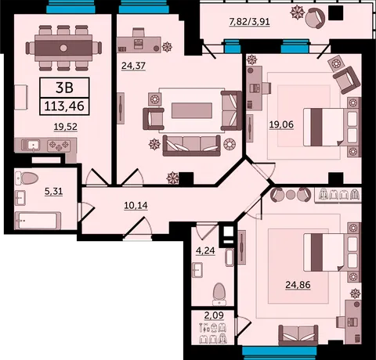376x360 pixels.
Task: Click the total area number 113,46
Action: pyautogui.click(x=64, y=106)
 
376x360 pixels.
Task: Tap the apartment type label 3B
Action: pyautogui.click(x=64, y=88)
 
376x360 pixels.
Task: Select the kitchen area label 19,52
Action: pyautogui.click(x=66, y=127)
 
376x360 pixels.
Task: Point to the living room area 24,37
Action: pyautogui.click(x=133, y=66)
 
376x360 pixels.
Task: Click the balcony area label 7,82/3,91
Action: pyautogui.click(x=249, y=22)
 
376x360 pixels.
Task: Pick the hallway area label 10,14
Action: pyautogui.click(x=136, y=206)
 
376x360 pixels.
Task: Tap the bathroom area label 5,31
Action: pyautogui.click(x=53, y=192)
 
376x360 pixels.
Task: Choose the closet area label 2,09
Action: pyautogui.click(x=214, y=315)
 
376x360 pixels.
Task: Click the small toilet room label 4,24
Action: pyautogui.click(x=205, y=250)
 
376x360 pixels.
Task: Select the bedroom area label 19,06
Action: pyautogui.click(x=281, y=124)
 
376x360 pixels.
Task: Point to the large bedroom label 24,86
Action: pyautogui.click(x=298, y=285)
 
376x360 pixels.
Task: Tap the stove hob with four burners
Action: pyautogui.click(x=59, y=146)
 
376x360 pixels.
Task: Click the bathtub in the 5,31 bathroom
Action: pyautogui.click(x=38, y=221)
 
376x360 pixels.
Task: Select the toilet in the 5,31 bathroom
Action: pyautogui.click(x=27, y=178)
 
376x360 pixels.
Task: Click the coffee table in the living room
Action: pyautogui.click(x=192, y=110)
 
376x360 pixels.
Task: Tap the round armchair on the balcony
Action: pyautogui.click(x=316, y=17)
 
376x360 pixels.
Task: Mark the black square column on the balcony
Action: pyautogui.click(x=335, y=13)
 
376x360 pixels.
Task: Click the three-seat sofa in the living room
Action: pyautogui.click(x=192, y=146)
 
